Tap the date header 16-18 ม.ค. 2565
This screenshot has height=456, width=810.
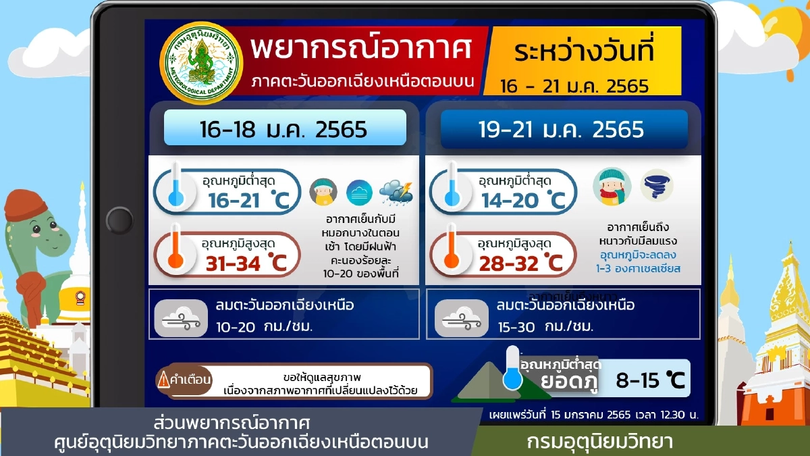click(284, 128)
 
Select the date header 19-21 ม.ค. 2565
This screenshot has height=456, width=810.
click(563, 128)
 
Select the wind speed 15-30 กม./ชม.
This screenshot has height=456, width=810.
click(544, 327)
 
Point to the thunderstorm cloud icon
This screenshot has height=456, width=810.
click(396, 193)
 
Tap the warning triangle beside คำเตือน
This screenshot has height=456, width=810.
click(163, 380)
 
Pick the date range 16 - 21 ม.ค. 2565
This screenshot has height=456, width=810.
click(574, 86)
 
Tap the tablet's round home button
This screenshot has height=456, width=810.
click(119, 220)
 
